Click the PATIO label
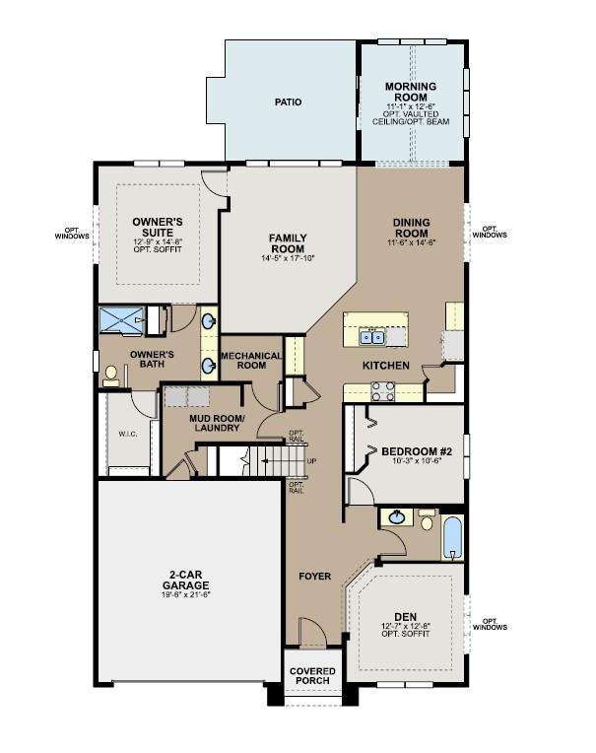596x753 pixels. point(288,102)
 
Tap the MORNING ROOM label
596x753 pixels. point(411,93)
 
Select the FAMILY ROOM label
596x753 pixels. point(288,243)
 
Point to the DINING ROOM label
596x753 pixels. point(414,228)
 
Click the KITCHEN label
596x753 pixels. point(385,366)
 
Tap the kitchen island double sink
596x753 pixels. point(371,337)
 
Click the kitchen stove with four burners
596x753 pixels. point(382,391)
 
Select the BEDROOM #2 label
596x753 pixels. point(415,451)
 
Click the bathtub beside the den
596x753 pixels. point(451,536)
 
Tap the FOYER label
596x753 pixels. point(315,576)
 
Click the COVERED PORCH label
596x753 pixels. point(312,677)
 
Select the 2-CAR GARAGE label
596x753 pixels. point(186,581)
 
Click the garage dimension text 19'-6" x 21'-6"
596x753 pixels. point(186,594)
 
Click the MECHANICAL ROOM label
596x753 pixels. point(250,360)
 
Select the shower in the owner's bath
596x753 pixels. point(123,320)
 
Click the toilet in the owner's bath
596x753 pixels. point(111,374)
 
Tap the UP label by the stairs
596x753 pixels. point(312,460)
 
